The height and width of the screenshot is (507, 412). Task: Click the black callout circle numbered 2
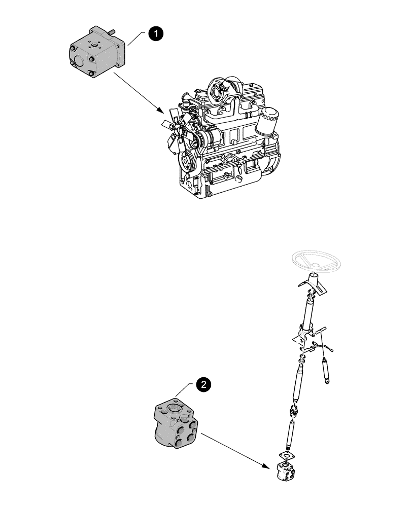point(203,385)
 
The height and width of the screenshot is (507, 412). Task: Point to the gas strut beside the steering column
point(324,367)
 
